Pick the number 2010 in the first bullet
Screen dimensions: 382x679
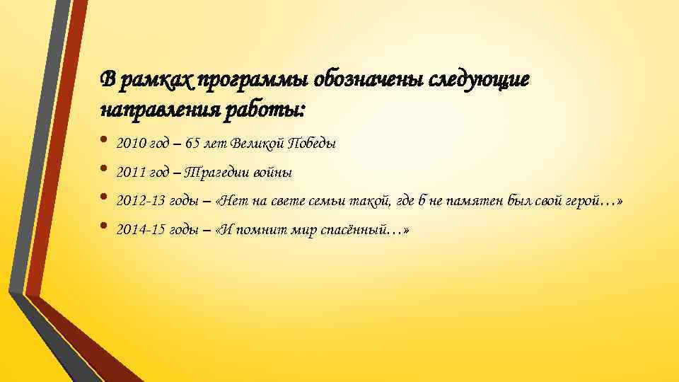tap(129, 144)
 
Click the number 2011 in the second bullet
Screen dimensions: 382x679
tap(129, 173)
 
